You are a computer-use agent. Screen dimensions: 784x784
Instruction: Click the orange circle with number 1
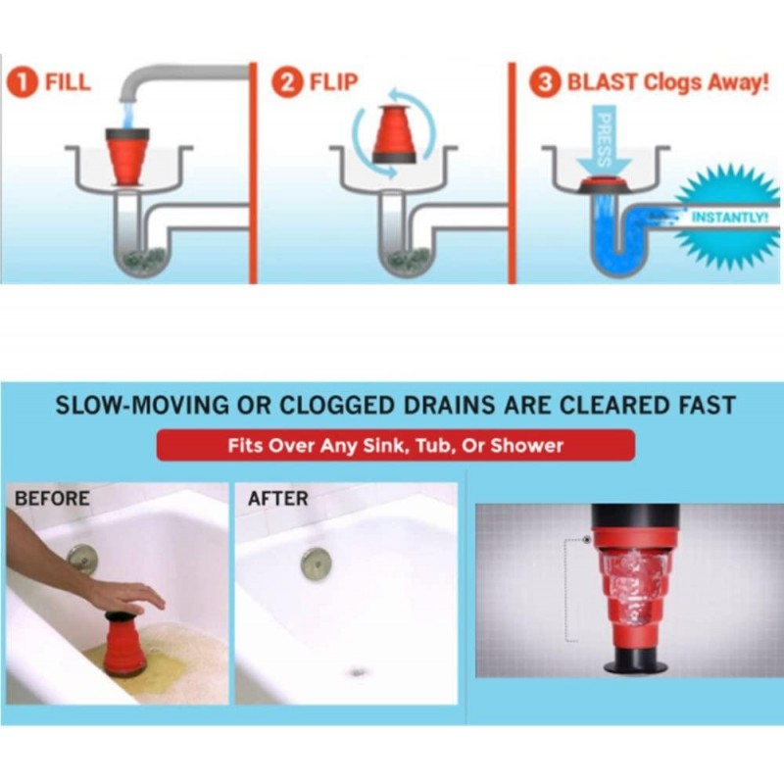[x=23, y=83]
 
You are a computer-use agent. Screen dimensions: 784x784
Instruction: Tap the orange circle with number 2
[x=287, y=82]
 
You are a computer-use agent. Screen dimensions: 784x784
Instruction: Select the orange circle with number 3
[x=545, y=82]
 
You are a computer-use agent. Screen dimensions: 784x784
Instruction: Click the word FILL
[x=68, y=82]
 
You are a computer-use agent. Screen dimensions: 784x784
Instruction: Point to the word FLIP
[x=333, y=82]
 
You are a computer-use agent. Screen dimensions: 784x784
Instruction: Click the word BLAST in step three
[x=603, y=82]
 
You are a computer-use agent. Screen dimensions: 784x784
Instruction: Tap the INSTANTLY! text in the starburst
[x=728, y=218]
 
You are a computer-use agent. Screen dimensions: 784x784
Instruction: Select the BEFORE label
[x=52, y=499]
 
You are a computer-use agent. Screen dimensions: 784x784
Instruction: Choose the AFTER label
[x=278, y=499]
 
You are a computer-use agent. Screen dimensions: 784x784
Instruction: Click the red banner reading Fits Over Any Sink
[x=396, y=445]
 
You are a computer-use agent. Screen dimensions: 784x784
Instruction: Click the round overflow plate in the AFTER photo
[x=316, y=563]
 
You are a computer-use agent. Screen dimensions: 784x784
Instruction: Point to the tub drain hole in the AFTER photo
[x=358, y=672]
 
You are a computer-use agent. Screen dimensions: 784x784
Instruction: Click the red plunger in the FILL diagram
[x=127, y=157]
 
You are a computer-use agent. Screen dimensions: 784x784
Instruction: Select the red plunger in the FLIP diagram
[x=395, y=133]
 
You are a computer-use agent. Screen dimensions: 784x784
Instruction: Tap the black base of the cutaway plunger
[x=635, y=659]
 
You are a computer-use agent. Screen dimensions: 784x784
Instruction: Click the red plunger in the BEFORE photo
[x=125, y=645]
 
